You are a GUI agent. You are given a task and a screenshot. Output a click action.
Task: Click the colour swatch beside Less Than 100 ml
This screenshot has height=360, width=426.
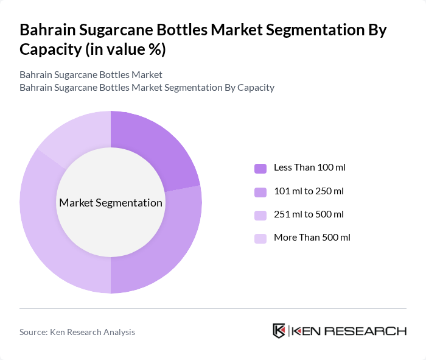coord(260,168)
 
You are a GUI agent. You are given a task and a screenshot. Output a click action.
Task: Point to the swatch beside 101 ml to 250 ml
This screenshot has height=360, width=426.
coord(260,192)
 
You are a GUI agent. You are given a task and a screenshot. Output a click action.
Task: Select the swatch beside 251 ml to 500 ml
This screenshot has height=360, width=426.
coord(260,215)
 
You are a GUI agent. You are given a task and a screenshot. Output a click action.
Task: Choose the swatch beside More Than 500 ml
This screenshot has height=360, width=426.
coord(260,238)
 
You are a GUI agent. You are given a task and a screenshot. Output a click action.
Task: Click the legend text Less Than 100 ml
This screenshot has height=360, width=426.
coord(310,168)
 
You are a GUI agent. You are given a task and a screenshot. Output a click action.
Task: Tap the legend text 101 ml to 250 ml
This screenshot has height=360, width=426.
coord(309,191)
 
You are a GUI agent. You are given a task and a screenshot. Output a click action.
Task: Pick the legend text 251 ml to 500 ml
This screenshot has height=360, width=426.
coord(309,214)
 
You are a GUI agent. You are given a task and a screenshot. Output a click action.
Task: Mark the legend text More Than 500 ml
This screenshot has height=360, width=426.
coord(312,238)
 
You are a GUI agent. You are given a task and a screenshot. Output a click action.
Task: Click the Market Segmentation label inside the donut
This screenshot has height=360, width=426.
coord(111,203)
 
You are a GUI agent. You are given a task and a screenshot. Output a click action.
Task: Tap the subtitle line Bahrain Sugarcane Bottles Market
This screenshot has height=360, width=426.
coord(91,75)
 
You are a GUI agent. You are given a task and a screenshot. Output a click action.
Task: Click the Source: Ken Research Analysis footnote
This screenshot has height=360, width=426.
coord(77,332)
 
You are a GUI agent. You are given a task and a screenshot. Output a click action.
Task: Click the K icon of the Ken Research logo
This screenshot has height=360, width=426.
coord(279,331)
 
